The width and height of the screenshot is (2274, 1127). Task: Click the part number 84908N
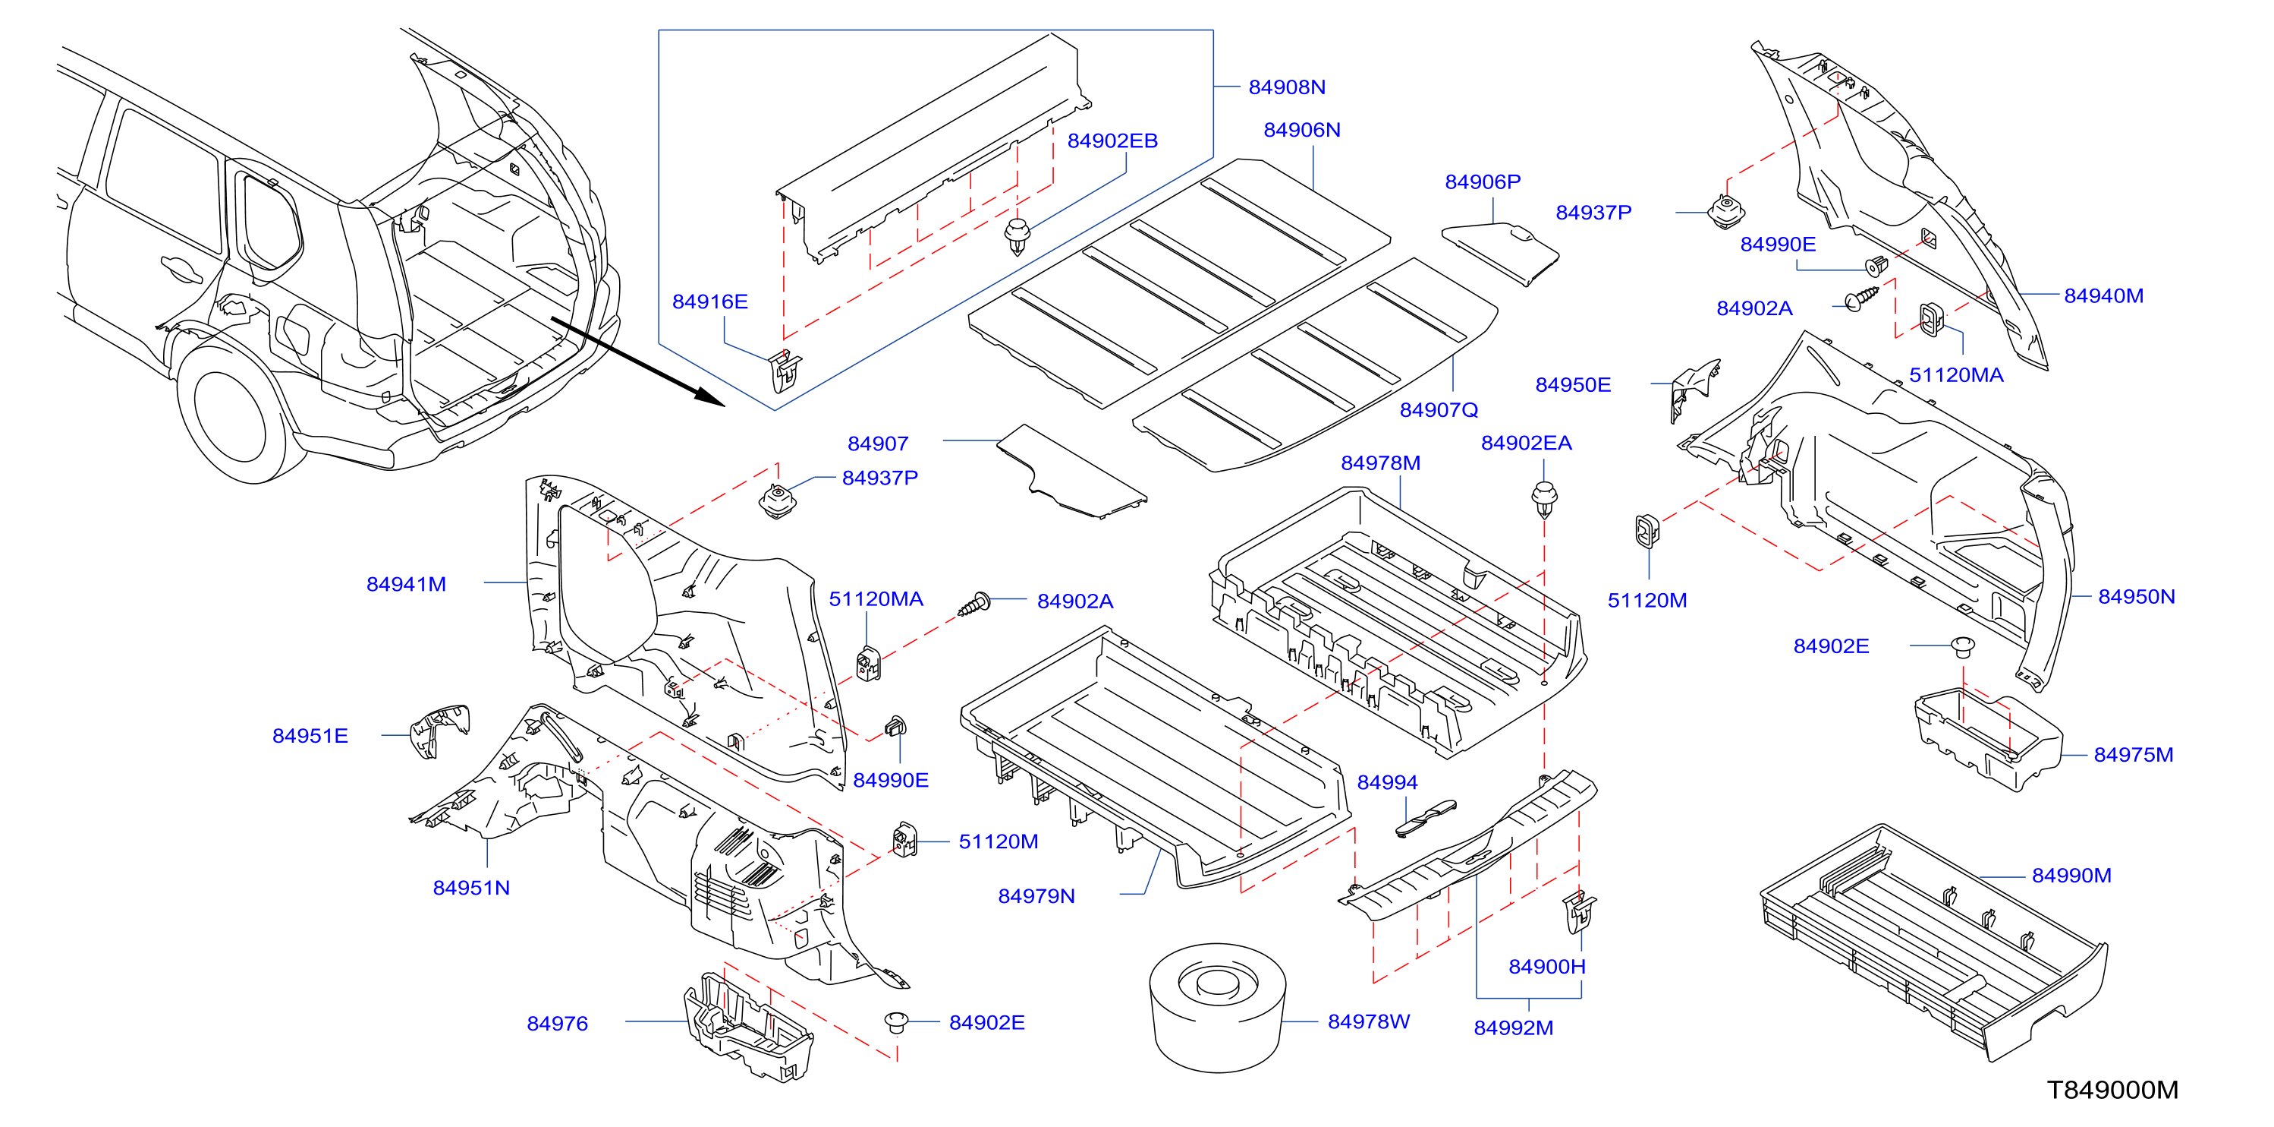point(1286,87)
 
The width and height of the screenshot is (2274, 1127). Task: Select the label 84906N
point(1301,130)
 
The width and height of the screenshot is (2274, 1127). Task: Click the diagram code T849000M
point(2112,1090)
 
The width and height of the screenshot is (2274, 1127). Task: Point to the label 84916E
point(709,301)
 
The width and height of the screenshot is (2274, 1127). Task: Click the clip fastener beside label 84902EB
point(1017,236)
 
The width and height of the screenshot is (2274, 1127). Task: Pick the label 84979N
point(1036,895)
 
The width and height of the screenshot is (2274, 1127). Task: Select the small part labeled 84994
point(1425,817)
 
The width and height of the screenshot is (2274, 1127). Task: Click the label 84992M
point(1513,1028)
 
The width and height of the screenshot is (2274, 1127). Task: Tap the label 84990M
point(2071,876)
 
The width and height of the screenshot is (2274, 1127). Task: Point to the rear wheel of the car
point(231,415)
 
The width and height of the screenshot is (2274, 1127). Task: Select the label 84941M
point(406,584)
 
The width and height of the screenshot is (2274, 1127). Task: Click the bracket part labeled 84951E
point(439,731)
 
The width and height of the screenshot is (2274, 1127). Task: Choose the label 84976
point(557,1023)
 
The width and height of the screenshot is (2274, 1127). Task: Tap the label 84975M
point(2133,754)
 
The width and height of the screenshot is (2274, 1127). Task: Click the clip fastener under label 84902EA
point(1544,499)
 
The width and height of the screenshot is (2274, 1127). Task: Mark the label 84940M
point(2103,296)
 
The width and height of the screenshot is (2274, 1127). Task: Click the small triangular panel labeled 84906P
point(1500,254)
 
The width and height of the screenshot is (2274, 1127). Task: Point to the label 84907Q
point(1438,410)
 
